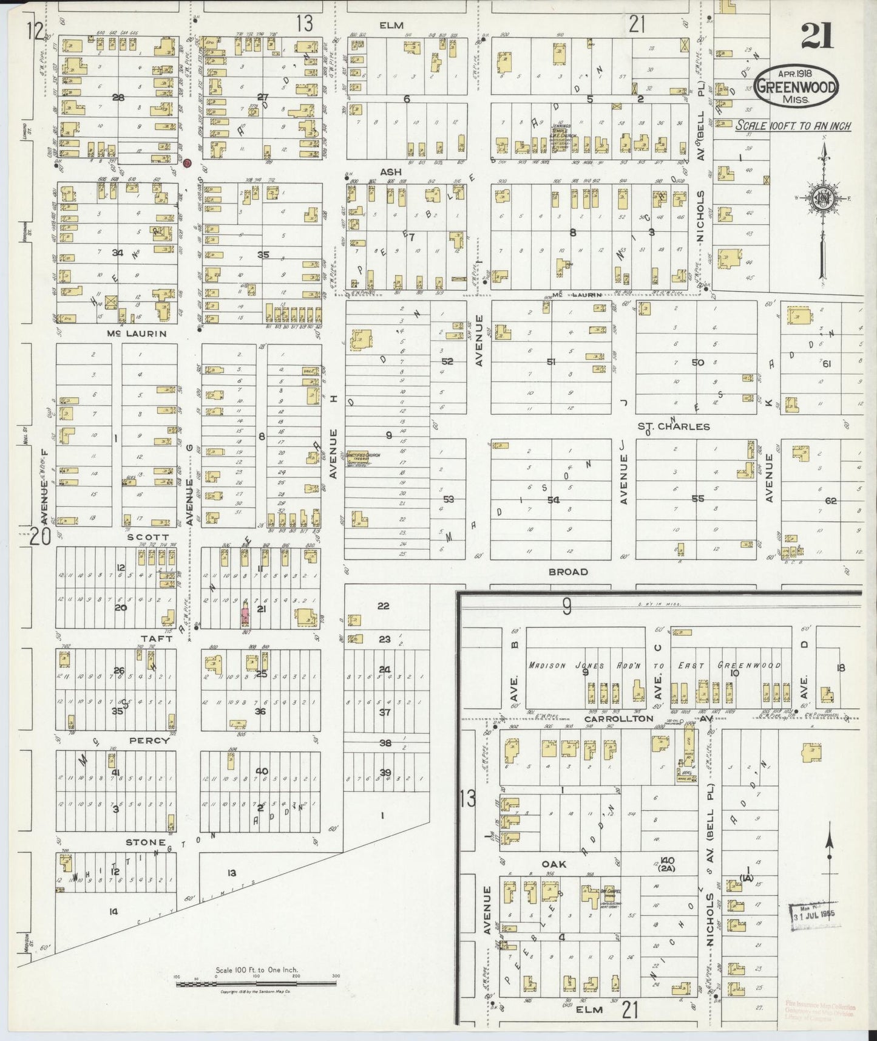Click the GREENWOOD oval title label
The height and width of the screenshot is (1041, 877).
796,88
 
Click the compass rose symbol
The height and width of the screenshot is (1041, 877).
822,201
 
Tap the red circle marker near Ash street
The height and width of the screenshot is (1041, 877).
188,163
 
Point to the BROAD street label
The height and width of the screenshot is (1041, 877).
568,572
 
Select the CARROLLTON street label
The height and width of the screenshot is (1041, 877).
618,718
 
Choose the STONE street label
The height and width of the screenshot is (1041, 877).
146,842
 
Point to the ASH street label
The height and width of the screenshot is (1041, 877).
391,172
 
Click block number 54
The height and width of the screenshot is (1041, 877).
553,500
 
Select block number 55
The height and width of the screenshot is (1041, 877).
697,498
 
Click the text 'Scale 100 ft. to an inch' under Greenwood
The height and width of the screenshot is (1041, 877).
793,126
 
